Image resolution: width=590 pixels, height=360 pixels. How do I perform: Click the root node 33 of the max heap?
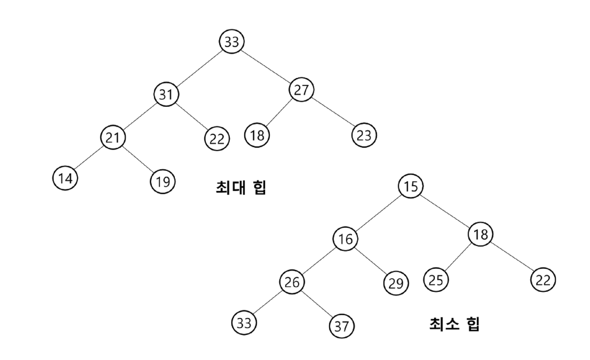coord(232,42)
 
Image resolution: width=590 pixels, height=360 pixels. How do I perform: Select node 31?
coord(166,94)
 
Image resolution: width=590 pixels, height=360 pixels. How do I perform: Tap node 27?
coord(301,90)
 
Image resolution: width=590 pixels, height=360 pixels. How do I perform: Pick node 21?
coord(113,137)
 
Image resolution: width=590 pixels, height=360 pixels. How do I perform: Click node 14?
coord(65,178)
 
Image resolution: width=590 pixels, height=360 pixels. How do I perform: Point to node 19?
coord(163,181)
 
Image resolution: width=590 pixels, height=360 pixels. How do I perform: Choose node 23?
coord(364,135)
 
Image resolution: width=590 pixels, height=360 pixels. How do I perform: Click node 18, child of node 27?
coord(257,135)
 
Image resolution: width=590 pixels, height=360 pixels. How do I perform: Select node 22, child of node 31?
coord(217,139)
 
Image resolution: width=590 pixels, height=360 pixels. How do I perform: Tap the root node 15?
coord(411,186)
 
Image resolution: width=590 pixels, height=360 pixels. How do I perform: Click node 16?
coord(345,239)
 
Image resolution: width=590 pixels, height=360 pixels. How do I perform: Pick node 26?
coord(292,282)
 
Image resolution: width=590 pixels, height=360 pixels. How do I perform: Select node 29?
coord(396,283)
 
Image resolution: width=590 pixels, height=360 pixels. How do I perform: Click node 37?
coord(342,326)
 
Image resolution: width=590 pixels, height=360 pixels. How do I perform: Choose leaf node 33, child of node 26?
coord(244,323)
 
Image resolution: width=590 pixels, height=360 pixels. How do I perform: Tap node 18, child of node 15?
coord(480,234)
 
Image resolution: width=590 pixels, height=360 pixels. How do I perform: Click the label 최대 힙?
coord(241,187)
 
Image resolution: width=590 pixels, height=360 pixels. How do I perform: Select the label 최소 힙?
coord(454,323)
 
